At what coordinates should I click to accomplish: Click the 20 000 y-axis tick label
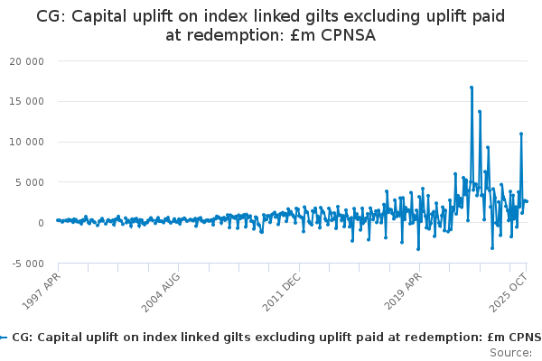tap(26, 61)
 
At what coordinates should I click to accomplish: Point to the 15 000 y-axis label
tap(26, 102)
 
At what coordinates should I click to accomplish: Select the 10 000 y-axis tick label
tap(26, 142)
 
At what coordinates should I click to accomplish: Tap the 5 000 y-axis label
tap(30, 182)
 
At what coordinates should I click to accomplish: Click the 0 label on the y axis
tap(42, 223)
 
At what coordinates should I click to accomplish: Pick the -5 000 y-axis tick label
tap(28, 264)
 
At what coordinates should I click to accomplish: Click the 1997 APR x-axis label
tap(42, 291)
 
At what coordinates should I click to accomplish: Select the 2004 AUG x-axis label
tap(161, 292)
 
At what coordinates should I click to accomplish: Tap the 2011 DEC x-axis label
tap(281, 292)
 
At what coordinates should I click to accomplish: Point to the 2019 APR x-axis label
tap(403, 292)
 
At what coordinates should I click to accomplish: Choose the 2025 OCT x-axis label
tap(508, 292)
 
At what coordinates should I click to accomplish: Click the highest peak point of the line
tap(472, 88)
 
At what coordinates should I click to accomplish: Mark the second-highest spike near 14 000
tap(480, 112)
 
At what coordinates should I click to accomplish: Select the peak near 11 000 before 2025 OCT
tap(521, 134)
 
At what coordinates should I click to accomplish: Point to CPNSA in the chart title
tap(348, 35)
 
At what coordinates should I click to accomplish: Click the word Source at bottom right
tap(510, 353)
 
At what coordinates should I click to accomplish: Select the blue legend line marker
tap(4, 338)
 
